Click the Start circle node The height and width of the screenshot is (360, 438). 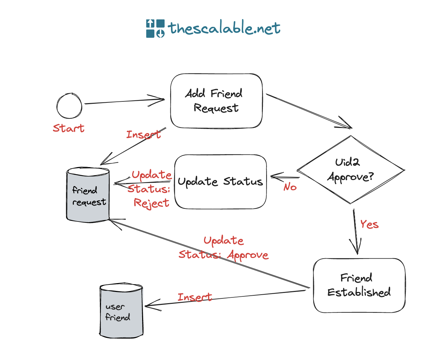(x=69, y=106)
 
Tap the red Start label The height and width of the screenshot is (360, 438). (x=68, y=128)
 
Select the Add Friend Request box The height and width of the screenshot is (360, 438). (x=216, y=101)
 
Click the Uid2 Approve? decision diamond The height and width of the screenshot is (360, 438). (x=350, y=170)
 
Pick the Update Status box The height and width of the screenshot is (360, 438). (x=220, y=182)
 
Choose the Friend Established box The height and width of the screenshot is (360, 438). (x=359, y=285)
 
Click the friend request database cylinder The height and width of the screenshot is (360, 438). (x=88, y=195)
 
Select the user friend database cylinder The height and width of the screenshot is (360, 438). (x=121, y=311)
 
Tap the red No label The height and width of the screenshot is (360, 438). (x=290, y=187)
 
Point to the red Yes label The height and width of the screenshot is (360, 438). (x=369, y=224)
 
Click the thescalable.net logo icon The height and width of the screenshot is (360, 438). (x=155, y=28)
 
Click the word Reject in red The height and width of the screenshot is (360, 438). (x=151, y=203)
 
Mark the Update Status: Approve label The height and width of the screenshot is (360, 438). (x=223, y=248)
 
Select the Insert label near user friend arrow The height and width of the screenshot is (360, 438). (x=195, y=297)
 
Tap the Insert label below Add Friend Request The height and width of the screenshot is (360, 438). (x=143, y=134)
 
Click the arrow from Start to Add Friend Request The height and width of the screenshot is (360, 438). (x=124, y=101)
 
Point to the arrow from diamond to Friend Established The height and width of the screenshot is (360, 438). (x=355, y=231)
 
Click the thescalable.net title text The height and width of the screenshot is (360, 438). (x=224, y=28)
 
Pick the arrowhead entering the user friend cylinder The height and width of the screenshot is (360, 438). (x=150, y=305)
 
